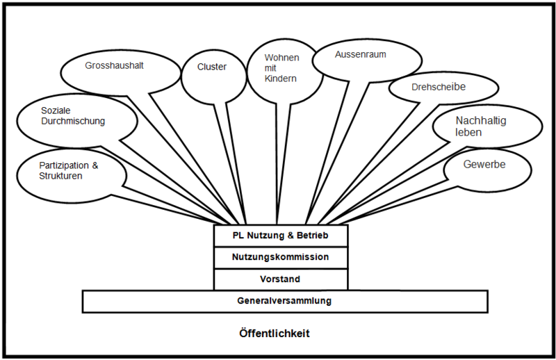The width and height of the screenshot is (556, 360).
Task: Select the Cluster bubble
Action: [x=212, y=70]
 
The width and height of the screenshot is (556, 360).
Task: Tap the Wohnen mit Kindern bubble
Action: [x=284, y=68]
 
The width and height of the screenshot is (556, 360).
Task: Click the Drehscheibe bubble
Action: [x=443, y=89]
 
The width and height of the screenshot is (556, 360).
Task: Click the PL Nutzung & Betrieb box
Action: [x=280, y=236]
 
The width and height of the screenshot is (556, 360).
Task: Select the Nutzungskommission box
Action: [x=280, y=257]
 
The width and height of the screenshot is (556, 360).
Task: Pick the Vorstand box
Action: [x=280, y=279]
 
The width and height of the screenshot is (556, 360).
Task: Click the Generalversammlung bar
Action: [x=284, y=302]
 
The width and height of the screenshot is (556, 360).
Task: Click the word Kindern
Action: [x=281, y=79]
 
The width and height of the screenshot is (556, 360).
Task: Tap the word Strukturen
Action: [x=61, y=177]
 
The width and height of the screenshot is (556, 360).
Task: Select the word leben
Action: [x=468, y=133]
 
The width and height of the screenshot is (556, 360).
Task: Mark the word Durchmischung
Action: [x=73, y=121]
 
